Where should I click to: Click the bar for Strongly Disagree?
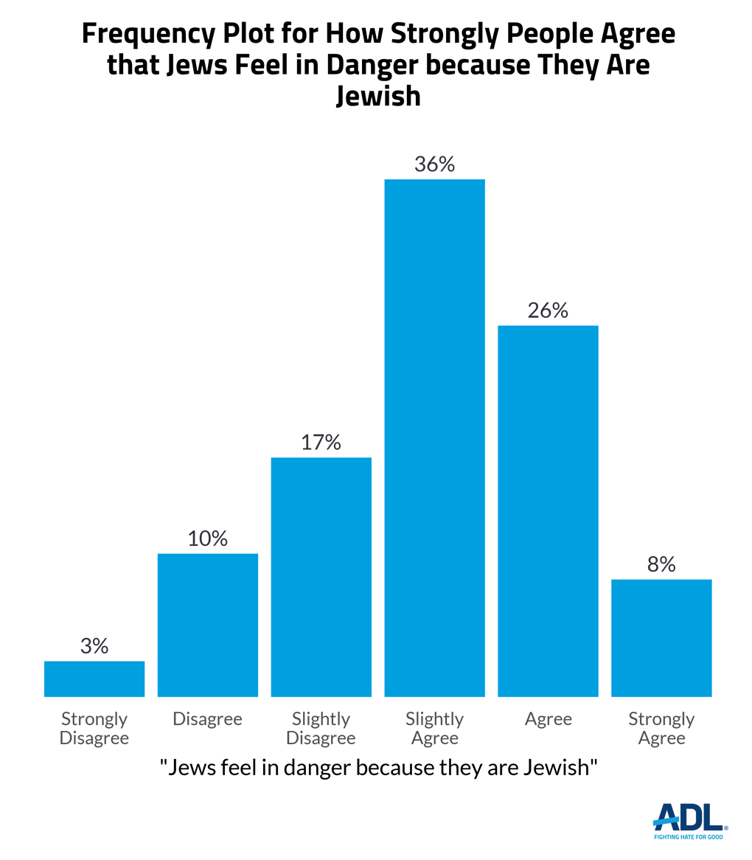click(x=94, y=679)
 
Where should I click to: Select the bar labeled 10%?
click(x=208, y=625)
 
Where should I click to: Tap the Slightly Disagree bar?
click(x=321, y=577)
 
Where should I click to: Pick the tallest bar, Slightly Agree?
click(x=435, y=437)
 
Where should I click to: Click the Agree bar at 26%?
click(x=548, y=510)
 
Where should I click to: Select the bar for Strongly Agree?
click(x=661, y=638)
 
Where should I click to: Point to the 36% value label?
click(x=435, y=164)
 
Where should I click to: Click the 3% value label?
click(x=94, y=646)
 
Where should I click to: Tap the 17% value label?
click(x=321, y=443)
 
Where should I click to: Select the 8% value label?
click(x=661, y=564)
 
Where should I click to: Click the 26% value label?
click(x=548, y=311)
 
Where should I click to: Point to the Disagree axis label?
click(x=208, y=718)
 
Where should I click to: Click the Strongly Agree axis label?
click(x=661, y=728)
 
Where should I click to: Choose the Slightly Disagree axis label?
click(x=321, y=728)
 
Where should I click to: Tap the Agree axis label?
click(x=548, y=718)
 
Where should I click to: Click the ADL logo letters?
click(x=689, y=816)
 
